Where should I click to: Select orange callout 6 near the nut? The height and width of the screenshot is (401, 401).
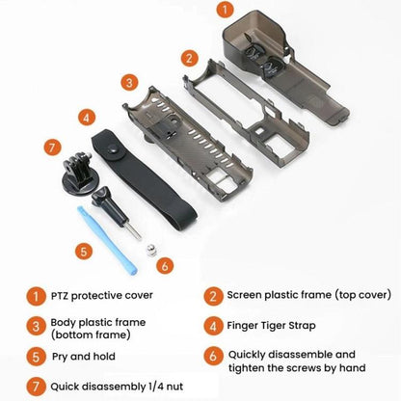165,263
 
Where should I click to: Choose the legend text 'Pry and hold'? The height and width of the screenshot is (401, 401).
83,356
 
